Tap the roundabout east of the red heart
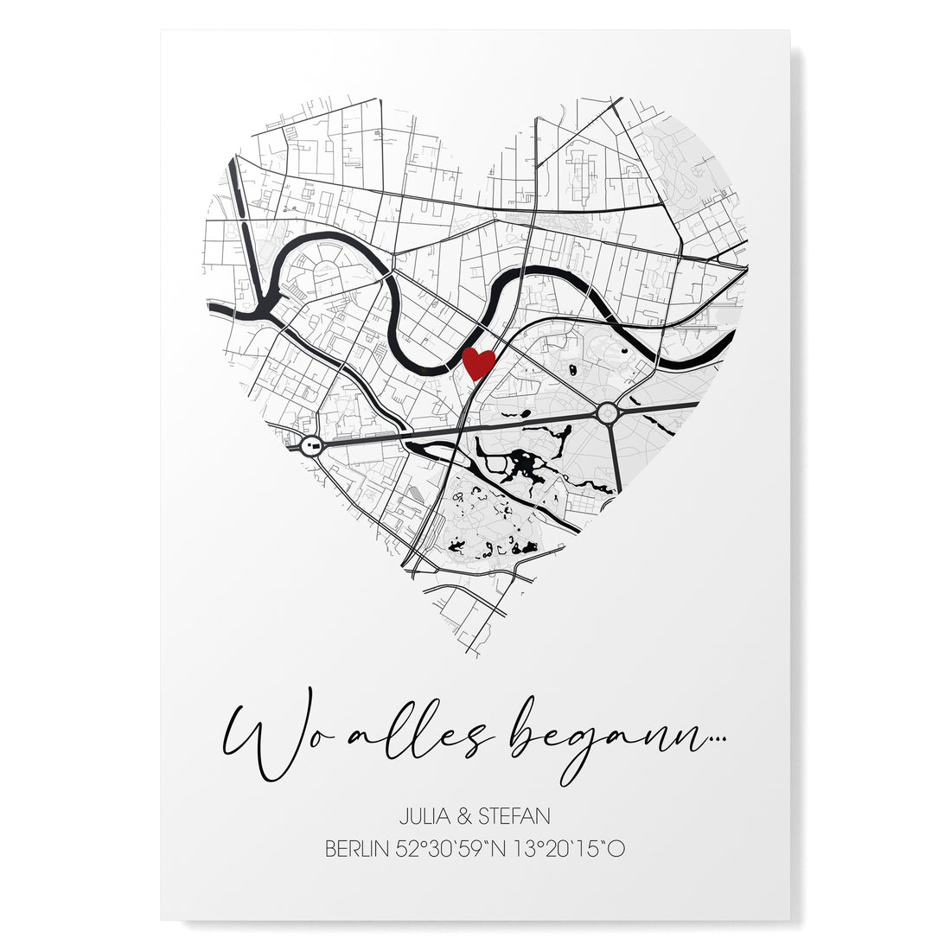[x=608, y=414]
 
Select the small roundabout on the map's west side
[x=311, y=446]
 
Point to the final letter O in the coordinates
[x=616, y=848]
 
